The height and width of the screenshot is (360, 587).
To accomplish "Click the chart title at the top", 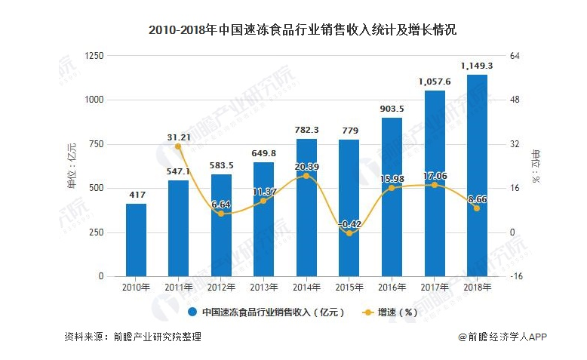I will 293,31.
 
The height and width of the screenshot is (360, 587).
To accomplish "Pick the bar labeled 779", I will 349,208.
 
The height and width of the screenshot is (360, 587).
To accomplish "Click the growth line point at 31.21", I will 178,146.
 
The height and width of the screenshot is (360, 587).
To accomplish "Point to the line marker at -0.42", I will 349,233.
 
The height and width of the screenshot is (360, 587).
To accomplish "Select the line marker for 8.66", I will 476,208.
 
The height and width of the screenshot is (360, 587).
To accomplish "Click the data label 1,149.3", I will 476,66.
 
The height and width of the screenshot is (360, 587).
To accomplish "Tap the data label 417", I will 137,195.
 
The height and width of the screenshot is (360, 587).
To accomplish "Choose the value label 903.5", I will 391,109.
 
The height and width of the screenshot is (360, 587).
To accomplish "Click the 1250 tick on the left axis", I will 94,56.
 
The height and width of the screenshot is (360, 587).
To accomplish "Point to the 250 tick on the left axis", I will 97,232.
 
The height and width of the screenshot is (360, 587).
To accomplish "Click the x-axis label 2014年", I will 306,288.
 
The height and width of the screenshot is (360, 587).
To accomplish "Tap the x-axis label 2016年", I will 391,288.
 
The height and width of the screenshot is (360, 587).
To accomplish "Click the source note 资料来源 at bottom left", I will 133,337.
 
